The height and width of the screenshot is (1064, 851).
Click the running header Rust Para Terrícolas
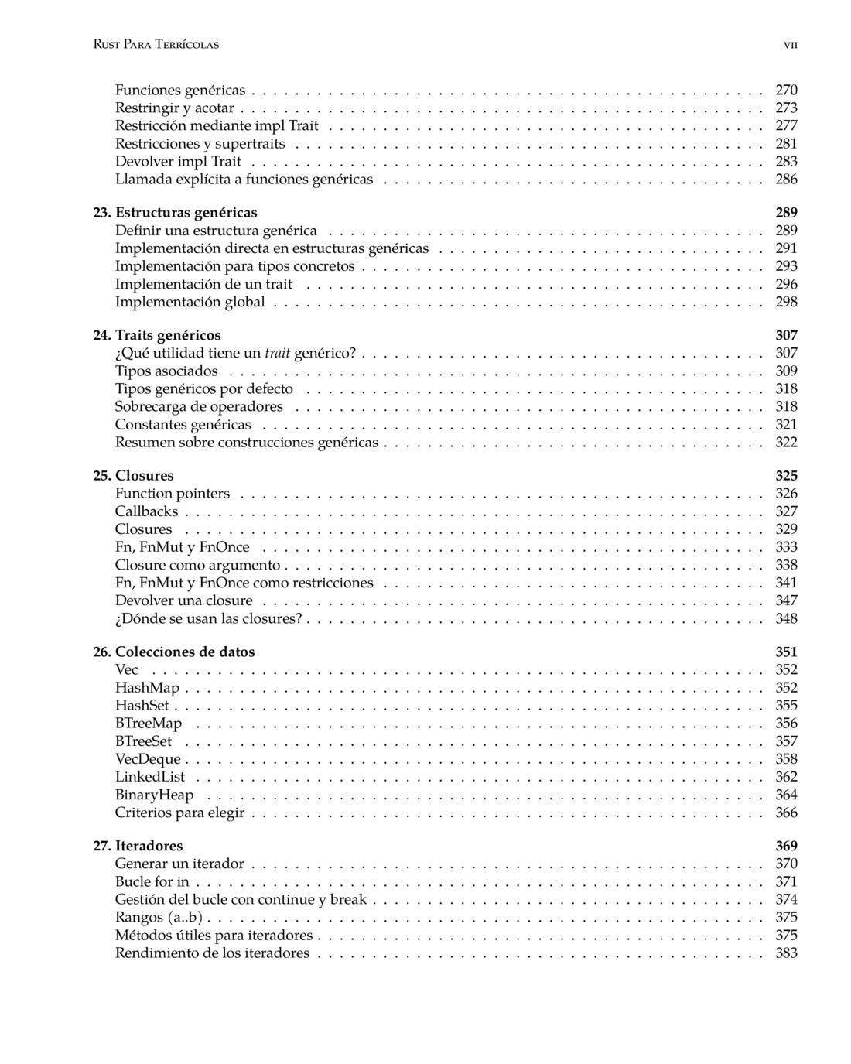tap(156, 44)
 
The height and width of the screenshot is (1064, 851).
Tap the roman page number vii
tap(790, 45)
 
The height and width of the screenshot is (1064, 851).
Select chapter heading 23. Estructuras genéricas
tap(176, 212)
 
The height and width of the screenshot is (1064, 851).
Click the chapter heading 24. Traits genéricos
tap(157, 335)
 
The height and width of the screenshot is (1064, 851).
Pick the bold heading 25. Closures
tap(133, 475)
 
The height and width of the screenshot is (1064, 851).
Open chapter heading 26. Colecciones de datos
tap(174, 652)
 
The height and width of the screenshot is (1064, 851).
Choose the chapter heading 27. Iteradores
tap(138, 846)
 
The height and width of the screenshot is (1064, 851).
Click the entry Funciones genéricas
tap(180, 90)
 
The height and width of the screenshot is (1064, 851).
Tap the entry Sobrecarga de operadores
tap(199, 406)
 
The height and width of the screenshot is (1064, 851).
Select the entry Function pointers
tap(173, 493)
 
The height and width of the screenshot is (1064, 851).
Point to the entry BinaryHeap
tap(154, 795)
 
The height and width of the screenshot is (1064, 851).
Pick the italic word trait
tap(278, 353)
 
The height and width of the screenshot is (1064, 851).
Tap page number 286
tap(786, 179)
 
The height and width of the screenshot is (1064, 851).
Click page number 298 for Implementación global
tap(786, 302)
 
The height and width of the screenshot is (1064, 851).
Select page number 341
tap(786, 583)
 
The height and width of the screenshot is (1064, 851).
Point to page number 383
tap(786, 953)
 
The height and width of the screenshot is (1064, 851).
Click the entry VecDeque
tap(148, 759)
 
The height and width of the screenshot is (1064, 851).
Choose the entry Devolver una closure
tap(184, 600)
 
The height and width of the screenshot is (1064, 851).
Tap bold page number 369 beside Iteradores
tap(786, 846)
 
